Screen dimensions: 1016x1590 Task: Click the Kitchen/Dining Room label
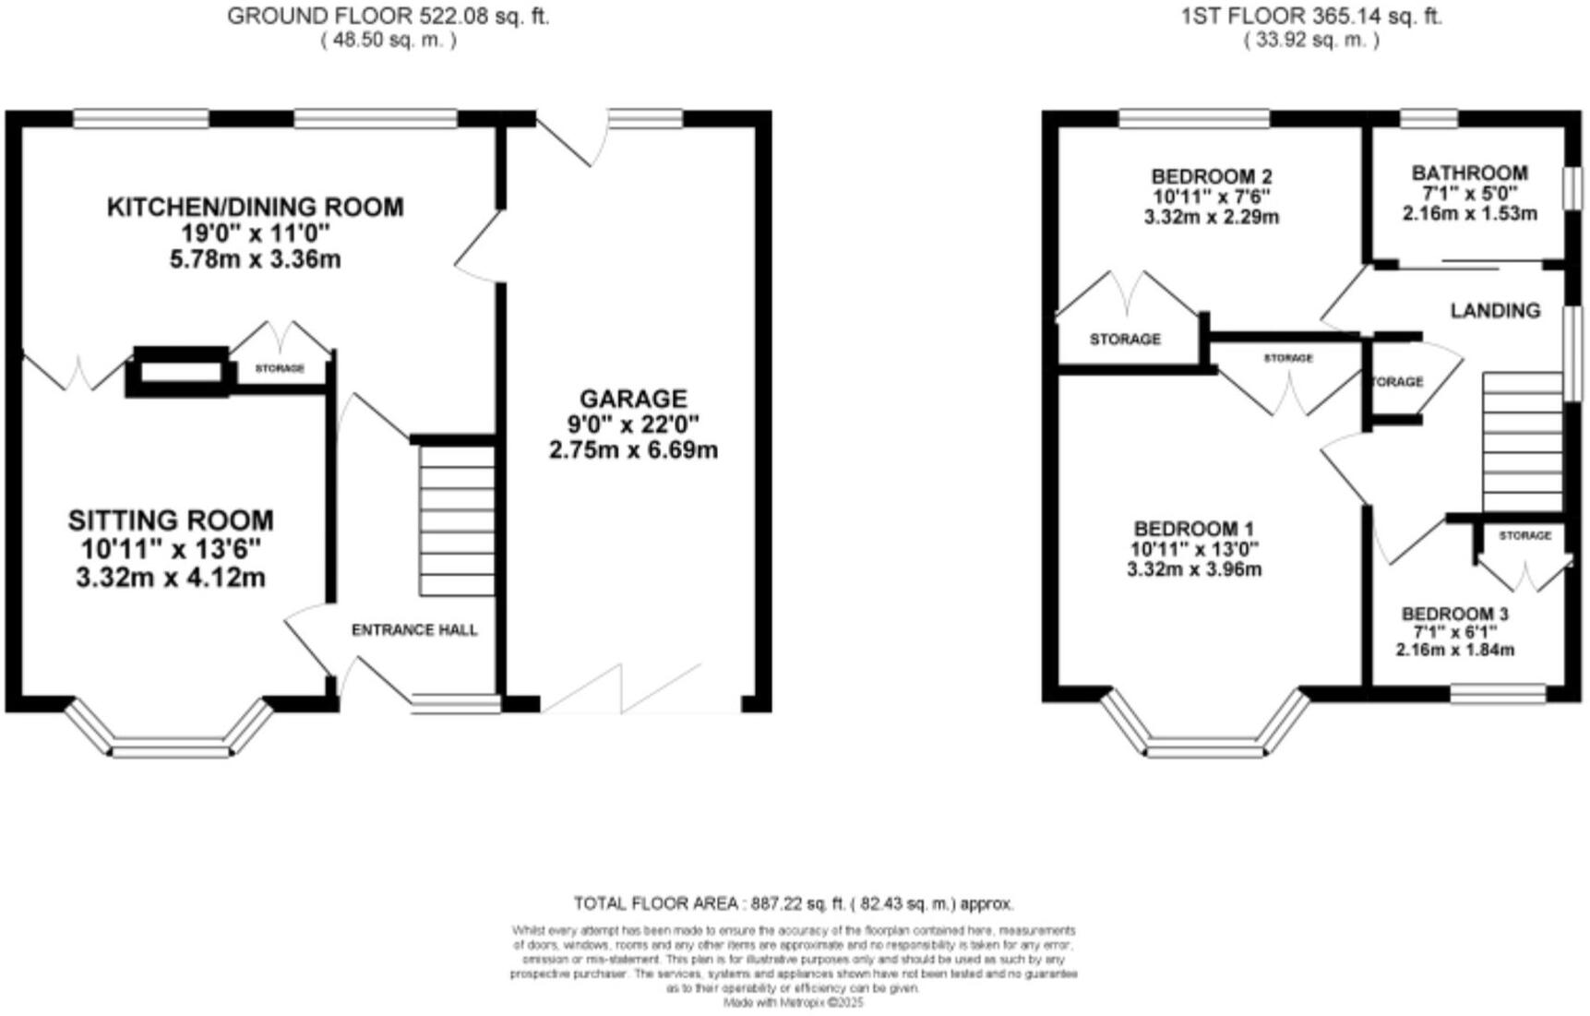pos(256,207)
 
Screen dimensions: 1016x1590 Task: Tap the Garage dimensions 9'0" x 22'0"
pos(633,424)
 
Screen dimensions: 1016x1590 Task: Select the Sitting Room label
pos(171,520)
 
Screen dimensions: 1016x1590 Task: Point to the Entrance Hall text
pos(414,630)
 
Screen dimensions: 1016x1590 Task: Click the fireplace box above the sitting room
pos(181,371)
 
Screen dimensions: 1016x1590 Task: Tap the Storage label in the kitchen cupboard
pos(280,368)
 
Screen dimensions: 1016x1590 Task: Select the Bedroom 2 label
pos(1212,176)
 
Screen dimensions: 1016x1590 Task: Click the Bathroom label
pos(1469,173)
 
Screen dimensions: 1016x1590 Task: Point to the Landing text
pos(1495,310)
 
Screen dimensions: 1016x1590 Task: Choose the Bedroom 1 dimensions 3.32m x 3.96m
pos(1194,569)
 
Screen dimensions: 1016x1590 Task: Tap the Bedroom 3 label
pos(1454,614)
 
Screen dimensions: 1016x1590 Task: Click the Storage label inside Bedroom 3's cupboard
pos(1524,535)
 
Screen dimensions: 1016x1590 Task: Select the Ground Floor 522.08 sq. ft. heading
pos(388,16)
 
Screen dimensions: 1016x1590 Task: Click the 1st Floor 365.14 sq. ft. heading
pos(1311,16)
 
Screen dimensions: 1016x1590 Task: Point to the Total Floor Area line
pos(794,903)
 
